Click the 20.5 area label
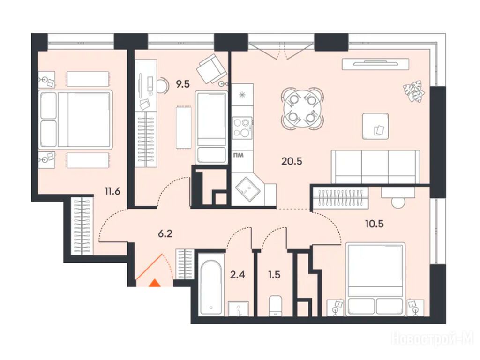(x=292, y=161)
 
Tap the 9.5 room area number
(x=183, y=84)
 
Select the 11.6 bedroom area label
(x=112, y=192)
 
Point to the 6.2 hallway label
(x=165, y=234)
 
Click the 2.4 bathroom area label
(x=238, y=275)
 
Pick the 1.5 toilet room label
(x=274, y=275)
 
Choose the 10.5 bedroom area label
(x=374, y=224)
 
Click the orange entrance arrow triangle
(x=155, y=283)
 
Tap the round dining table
(x=302, y=109)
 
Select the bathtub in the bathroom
(x=210, y=287)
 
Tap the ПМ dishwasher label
(x=239, y=155)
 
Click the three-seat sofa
(x=375, y=166)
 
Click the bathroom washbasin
(x=238, y=308)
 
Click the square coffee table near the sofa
(x=375, y=126)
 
